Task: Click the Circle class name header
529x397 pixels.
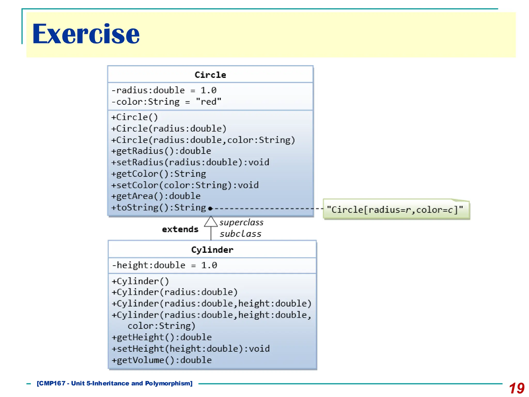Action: [210, 75]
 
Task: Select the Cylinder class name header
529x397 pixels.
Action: [212, 250]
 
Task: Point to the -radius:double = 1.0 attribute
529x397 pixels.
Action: [164, 90]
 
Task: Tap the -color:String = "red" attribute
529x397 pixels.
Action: [166, 102]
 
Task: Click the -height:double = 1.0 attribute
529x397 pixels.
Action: [165, 265]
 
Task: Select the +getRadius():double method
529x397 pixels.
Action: [161, 151]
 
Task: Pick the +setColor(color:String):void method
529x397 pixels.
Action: [185, 185]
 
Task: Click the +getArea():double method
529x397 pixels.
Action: [156, 196]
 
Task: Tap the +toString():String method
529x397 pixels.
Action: [159, 208]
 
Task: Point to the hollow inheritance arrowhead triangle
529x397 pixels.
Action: [211, 222]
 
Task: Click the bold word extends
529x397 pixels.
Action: [180, 229]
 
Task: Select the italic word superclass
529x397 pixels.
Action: [242, 222]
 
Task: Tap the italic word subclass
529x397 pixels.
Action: [240, 234]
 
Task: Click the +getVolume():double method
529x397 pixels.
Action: [162, 360]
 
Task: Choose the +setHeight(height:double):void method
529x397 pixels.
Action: [191, 349]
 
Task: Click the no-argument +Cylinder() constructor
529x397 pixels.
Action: [140, 281]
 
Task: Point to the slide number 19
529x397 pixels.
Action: [517, 388]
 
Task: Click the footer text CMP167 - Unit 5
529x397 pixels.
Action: [115, 383]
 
